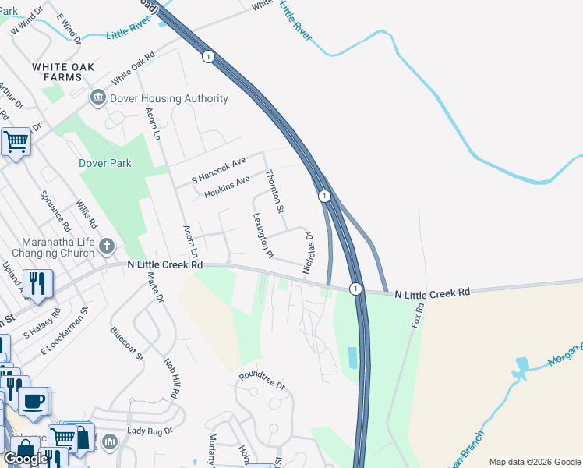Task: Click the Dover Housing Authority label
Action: click(x=168, y=98)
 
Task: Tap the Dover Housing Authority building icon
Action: click(x=98, y=97)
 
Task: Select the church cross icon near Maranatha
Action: click(x=106, y=247)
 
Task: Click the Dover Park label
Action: click(x=105, y=163)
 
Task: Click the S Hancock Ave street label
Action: click(x=218, y=170)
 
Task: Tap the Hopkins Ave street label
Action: click(x=226, y=186)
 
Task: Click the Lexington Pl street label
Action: click(x=263, y=236)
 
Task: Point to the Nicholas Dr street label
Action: click(x=309, y=252)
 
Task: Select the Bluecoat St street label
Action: click(x=128, y=344)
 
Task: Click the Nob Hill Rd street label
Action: click(x=171, y=378)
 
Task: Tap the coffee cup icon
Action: click(x=32, y=402)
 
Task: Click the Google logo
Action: click(x=25, y=459)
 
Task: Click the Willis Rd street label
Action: click(x=85, y=214)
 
